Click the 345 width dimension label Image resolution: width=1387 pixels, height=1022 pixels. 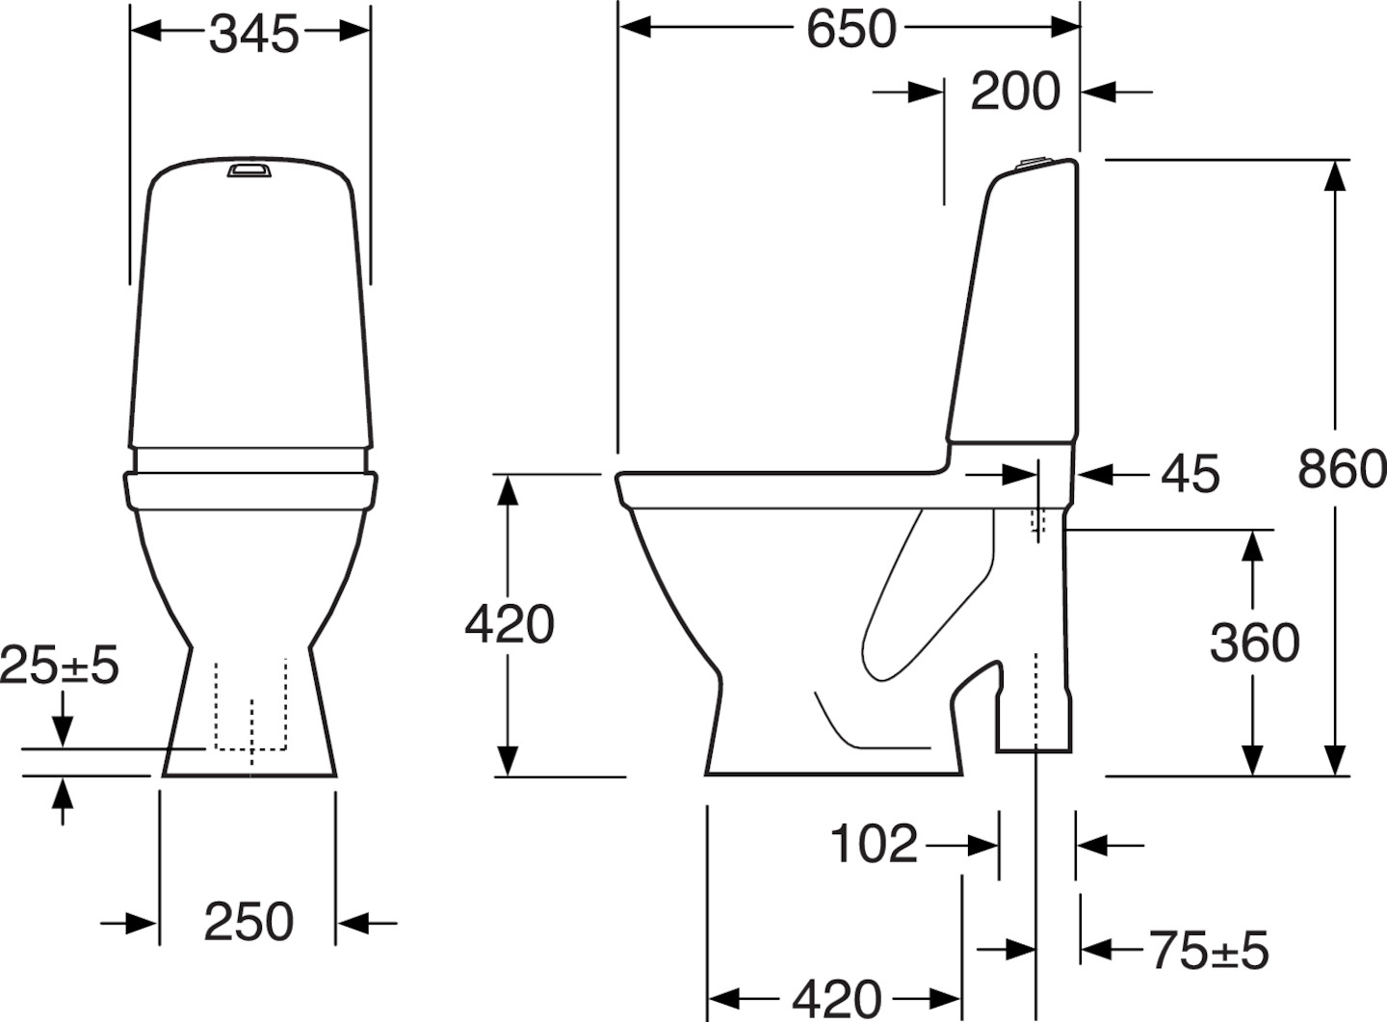[x=254, y=34]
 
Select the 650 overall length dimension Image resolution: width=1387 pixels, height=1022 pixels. [x=851, y=29]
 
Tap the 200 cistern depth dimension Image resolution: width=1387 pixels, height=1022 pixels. [x=1015, y=92]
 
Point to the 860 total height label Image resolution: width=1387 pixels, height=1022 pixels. [x=1342, y=469]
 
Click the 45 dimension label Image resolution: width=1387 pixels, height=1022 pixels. [x=1190, y=475]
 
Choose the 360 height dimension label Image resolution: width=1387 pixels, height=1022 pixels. [x=1254, y=642]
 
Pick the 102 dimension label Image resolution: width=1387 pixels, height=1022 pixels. [x=873, y=843]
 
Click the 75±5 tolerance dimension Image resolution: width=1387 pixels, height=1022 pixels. [x=1210, y=950]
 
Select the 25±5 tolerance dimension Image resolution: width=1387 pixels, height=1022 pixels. [x=60, y=665]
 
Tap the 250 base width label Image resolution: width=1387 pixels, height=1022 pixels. [x=249, y=922]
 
